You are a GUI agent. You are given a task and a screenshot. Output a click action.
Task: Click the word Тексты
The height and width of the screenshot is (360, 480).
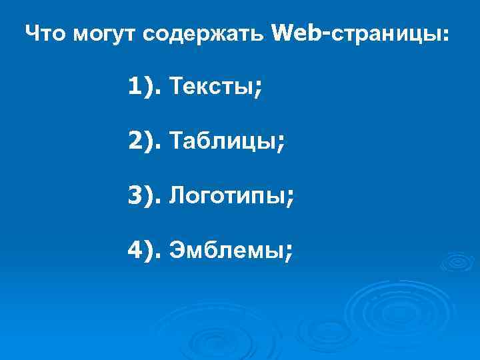210,85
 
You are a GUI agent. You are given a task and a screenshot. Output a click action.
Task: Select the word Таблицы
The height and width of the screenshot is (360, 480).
223,141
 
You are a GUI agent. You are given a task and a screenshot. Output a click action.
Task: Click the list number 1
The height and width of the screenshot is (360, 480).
136,85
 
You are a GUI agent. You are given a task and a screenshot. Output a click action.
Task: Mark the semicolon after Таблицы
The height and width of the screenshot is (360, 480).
281,143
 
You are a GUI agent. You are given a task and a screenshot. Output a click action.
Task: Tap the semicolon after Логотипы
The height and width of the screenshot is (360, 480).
290,198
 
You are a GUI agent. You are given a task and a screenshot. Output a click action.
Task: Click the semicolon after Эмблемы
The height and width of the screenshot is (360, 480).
288,253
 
